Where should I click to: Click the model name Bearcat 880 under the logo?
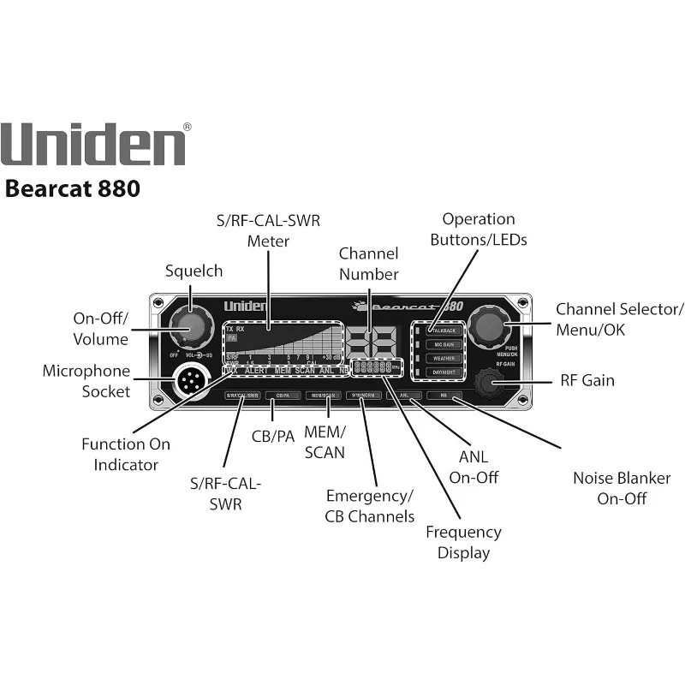[72, 188]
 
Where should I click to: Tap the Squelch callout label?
[194, 271]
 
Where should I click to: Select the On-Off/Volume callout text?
[99, 329]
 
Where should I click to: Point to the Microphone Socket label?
[86, 381]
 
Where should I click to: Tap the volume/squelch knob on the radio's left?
[189, 326]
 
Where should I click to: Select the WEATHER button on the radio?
[444, 358]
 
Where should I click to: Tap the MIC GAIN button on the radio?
[444, 344]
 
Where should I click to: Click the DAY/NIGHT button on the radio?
[444, 372]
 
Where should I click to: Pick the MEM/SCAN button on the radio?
[324, 396]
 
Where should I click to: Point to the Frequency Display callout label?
[463, 542]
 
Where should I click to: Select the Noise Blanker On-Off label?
[622, 488]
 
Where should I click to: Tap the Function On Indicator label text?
[126, 454]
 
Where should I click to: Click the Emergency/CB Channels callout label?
[369, 506]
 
